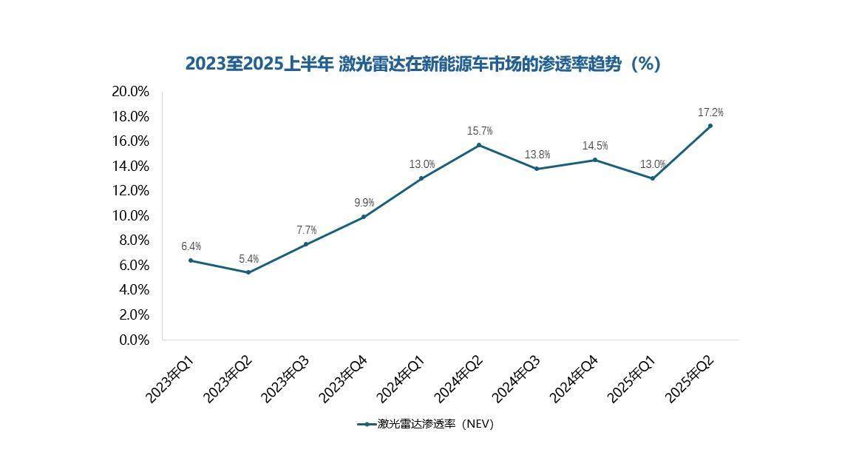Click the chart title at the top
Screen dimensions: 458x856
[x=422, y=64]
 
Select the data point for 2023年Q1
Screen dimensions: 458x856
[x=191, y=260]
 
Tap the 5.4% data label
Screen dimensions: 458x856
[x=248, y=259]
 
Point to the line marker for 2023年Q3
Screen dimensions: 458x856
[x=306, y=244]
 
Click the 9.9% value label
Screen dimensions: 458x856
[x=364, y=203]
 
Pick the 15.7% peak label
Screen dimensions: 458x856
[x=479, y=131]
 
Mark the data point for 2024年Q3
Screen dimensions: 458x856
[x=537, y=169]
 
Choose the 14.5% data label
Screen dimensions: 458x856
[x=594, y=146]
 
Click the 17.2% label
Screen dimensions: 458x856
[x=710, y=112]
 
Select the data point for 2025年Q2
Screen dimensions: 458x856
[x=710, y=126]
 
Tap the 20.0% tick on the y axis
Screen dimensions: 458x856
[x=130, y=92]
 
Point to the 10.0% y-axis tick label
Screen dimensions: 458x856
[x=130, y=215]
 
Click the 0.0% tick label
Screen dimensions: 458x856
[x=133, y=340]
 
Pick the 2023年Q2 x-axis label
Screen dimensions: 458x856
[x=228, y=379]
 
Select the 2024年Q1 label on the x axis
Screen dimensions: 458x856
[x=401, y=379]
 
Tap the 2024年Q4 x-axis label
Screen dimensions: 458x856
[x=574, y=379]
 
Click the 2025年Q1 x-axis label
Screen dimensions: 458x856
[x=631, y=379]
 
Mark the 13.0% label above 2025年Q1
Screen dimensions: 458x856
[x=653, y=164]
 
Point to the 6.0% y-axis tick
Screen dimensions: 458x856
[x=133, y=265]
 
